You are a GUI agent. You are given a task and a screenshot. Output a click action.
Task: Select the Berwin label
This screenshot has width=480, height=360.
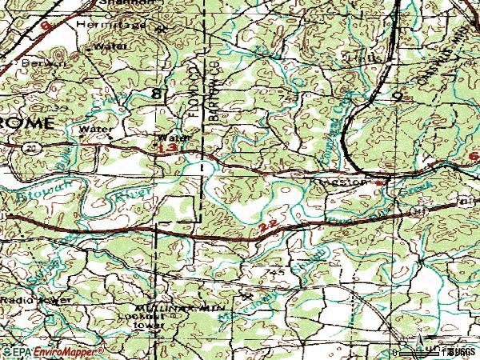23,62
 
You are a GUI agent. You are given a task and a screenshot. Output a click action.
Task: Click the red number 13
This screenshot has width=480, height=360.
167,148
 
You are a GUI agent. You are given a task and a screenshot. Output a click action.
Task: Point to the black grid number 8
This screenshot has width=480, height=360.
158,95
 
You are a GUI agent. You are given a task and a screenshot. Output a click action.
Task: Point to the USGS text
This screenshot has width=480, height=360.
462,351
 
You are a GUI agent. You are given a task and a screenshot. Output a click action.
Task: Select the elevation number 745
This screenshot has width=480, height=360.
276,272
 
